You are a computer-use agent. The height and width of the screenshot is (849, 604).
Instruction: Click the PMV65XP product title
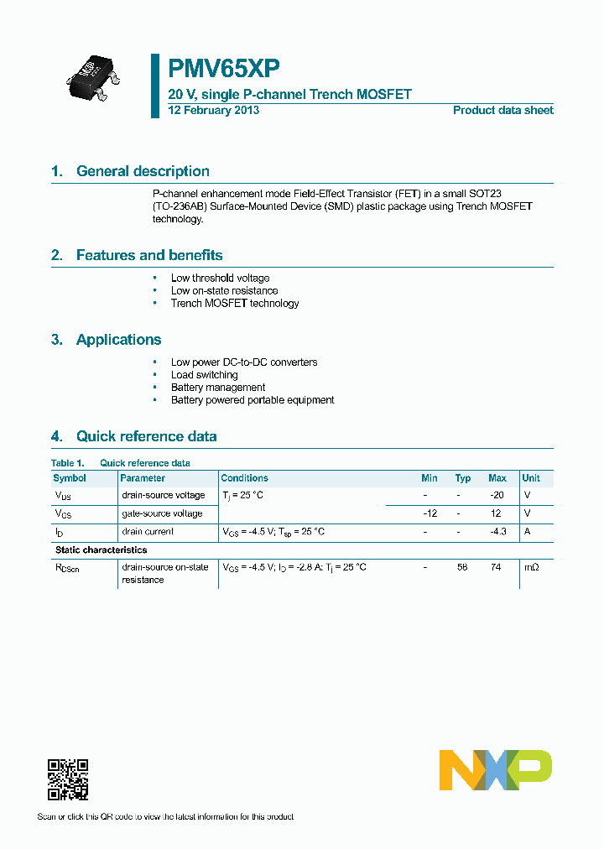[224, 69]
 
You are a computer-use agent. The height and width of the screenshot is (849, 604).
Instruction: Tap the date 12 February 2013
[213, 110]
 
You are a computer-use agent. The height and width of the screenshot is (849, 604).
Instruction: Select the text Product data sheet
[502, 110]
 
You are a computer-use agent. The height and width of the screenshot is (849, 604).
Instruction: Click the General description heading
[143, 171]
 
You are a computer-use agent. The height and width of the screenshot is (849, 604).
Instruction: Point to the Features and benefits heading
[148, 255]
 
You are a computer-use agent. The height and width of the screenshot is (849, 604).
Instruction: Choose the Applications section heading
[118, 340]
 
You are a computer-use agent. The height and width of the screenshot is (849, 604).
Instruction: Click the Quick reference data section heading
[146, 436]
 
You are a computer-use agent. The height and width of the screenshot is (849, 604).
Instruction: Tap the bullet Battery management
[218, 388]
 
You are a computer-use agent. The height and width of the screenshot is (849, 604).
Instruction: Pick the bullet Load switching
[204, 375]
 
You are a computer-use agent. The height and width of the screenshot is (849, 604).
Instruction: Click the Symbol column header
[70, 478]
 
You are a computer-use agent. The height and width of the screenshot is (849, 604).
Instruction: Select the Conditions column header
[244, 478]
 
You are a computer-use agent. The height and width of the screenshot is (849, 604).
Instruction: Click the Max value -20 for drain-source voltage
[497, 495]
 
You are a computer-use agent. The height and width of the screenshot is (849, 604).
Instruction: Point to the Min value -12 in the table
[430, 513]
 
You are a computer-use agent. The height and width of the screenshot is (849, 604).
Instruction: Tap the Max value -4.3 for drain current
[497, 532]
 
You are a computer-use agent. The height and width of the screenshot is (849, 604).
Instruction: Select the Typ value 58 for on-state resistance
[462, 568]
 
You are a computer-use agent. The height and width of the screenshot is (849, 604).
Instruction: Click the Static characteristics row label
[101, 550]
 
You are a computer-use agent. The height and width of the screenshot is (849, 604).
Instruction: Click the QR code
[68, 779]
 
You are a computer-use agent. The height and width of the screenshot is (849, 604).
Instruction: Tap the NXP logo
[495, 770]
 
